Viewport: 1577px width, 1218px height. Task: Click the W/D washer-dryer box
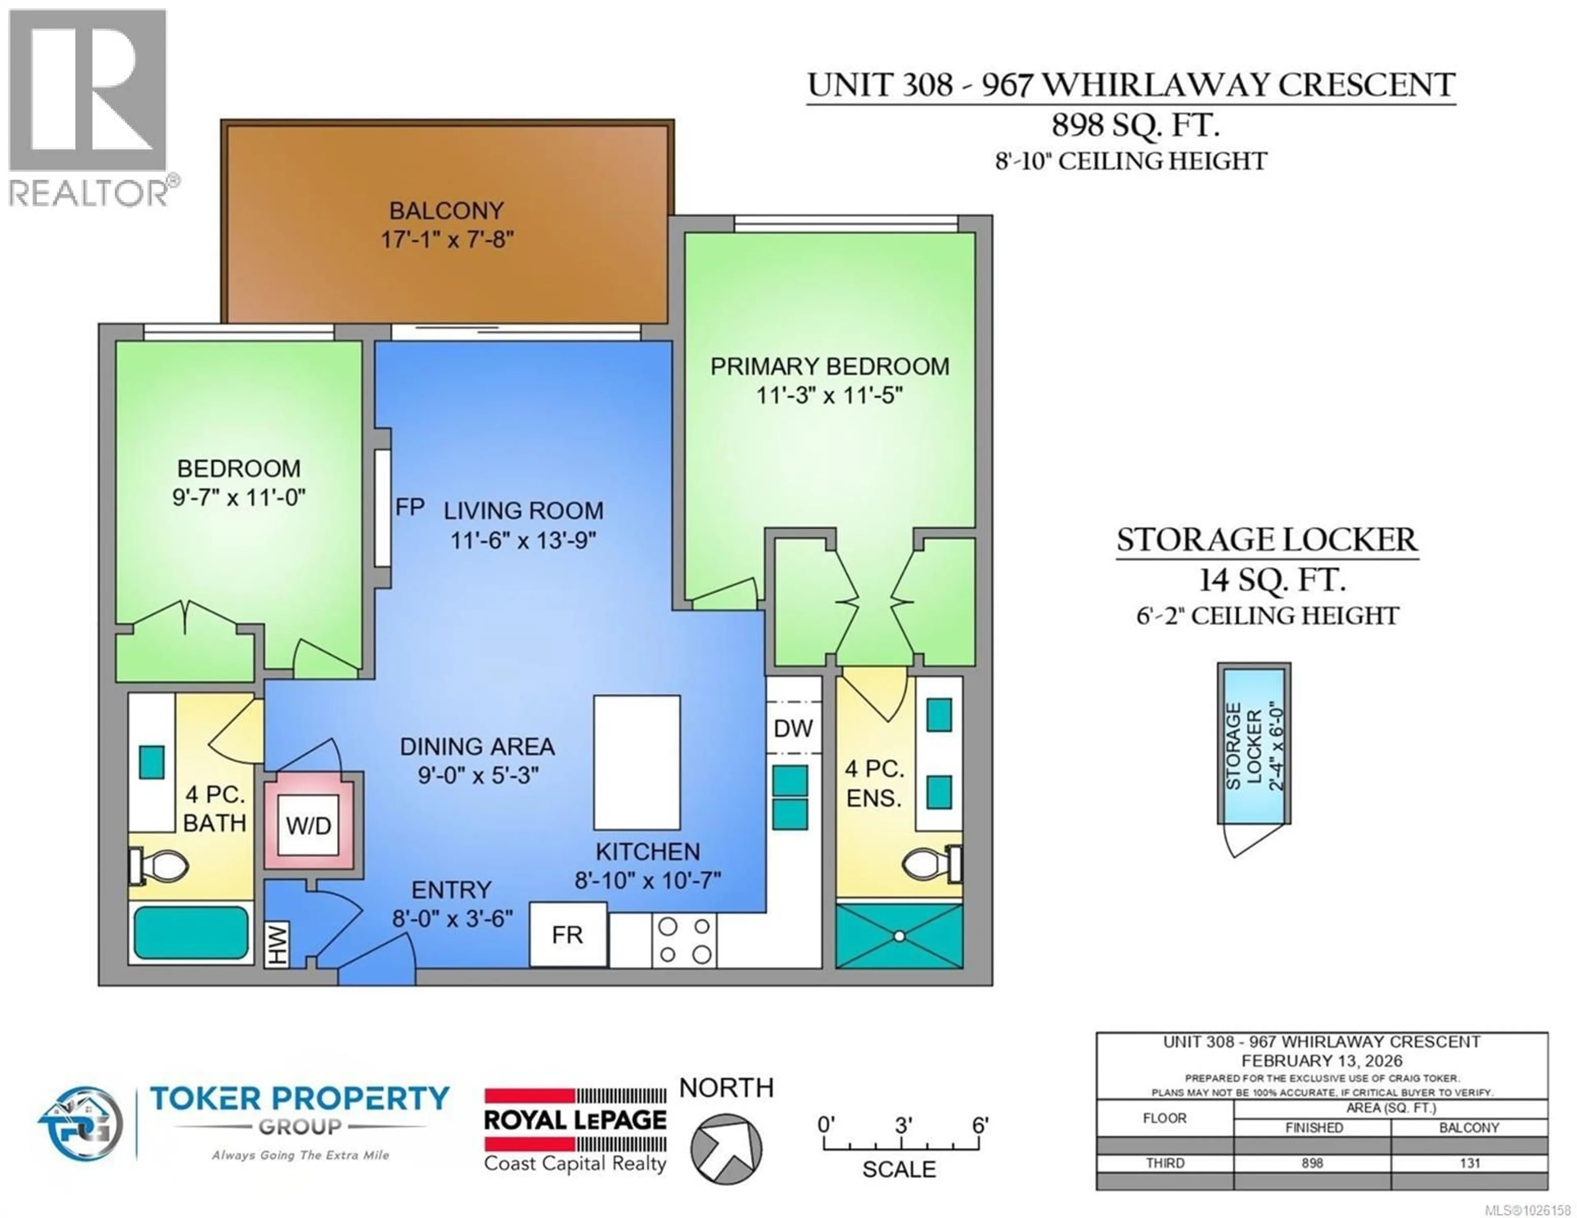click(308, 824)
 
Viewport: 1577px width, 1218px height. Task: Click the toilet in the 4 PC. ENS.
click(931, 863)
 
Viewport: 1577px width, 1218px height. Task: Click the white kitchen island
click(636, 762)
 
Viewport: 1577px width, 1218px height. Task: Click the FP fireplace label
click(409, 507)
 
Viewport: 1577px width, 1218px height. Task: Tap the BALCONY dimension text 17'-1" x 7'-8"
click(447, 239)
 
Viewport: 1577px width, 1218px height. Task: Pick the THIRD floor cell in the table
click(1165, 1163)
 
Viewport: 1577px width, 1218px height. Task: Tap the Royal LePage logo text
click(575, 1120)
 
